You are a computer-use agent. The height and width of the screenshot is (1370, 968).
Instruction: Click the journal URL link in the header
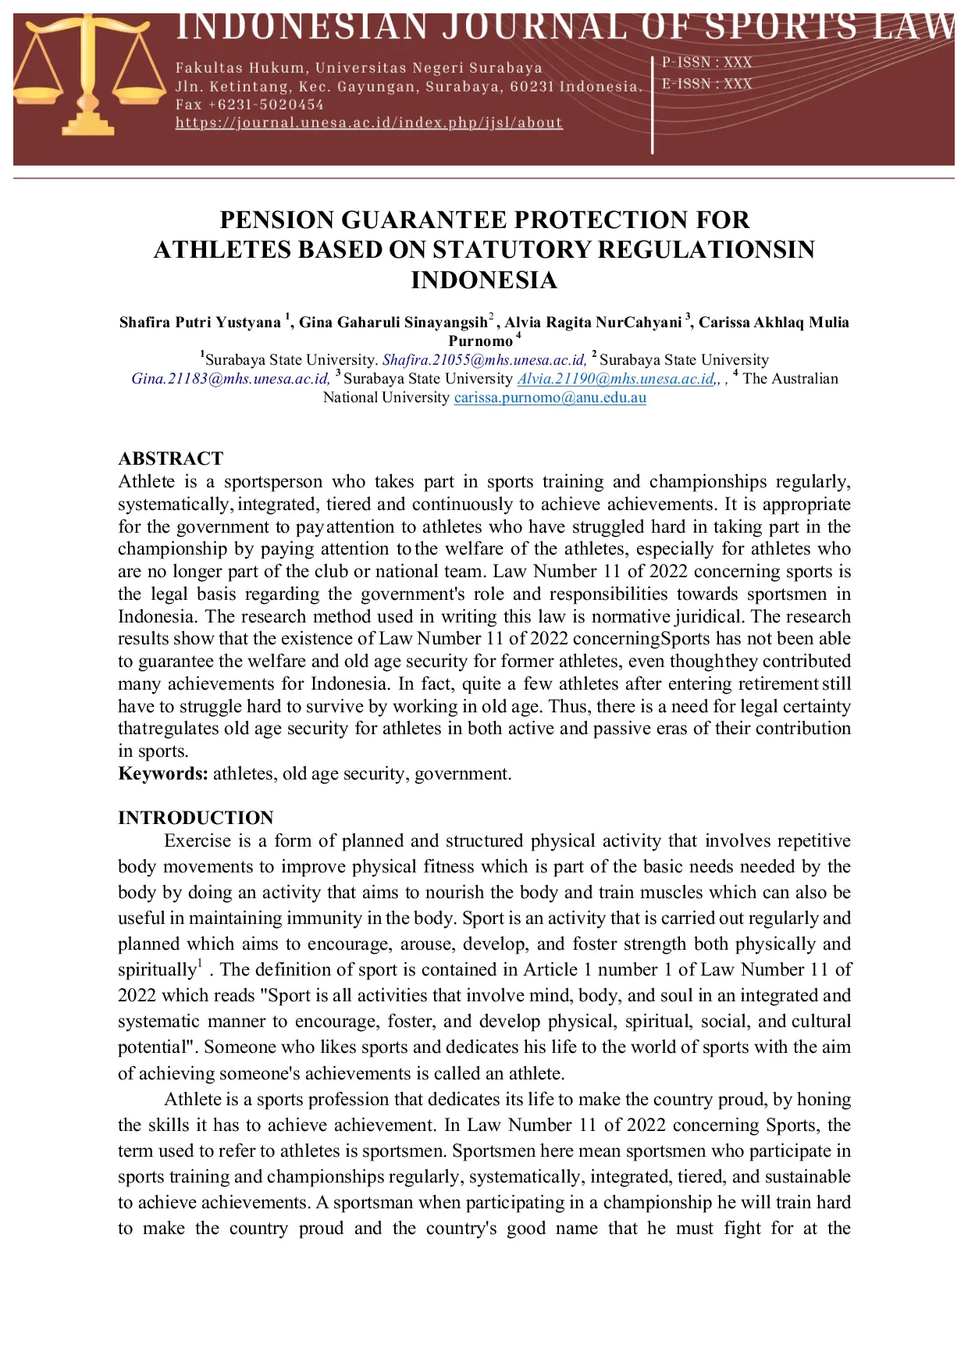click(368, 123)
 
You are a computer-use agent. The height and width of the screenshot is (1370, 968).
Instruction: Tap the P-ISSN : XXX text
click(706, 62)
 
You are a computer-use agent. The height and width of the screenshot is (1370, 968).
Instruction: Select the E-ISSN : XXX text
click(706, 84)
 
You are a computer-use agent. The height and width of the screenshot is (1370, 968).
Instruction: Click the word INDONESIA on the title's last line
click(484, 280)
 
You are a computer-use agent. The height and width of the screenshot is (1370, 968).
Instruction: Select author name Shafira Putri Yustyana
click(200, 323)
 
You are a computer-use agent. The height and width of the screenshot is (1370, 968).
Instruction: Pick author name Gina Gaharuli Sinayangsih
click(393, 323)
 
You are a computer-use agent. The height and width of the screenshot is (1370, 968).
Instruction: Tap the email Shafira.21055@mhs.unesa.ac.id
click(484, 360)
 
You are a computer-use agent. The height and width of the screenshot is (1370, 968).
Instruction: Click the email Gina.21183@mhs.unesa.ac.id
click(230, 379)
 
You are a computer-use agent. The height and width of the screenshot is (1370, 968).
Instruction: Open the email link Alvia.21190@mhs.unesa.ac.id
click(616, 379)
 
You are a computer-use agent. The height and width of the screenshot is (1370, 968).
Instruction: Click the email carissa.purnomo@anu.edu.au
click(550, 398)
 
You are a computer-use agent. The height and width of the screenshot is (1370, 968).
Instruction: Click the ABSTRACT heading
click(170, 458)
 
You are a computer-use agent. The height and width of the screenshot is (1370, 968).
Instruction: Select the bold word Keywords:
click(163, 774)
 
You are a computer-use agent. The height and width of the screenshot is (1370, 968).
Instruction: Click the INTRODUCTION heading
click(196, 818)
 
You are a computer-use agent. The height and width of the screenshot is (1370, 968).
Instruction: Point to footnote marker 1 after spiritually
click(200, 963)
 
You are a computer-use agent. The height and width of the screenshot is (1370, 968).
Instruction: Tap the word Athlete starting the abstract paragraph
click(147, 482)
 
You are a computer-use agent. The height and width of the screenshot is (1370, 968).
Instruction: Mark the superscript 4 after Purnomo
click(518, 336)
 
